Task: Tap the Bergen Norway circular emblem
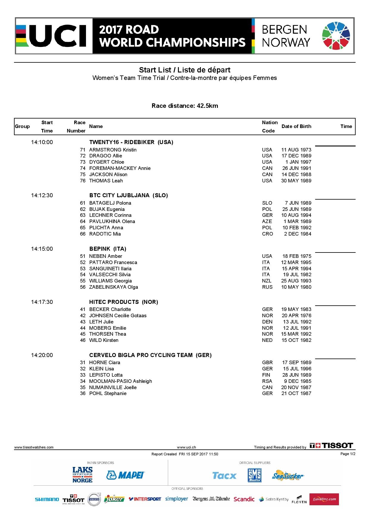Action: [x=336, y=36]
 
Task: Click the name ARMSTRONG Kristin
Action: [x=113, y=150]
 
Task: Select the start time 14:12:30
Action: [x=42, y=195]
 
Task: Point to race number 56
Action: [x=83, y=287]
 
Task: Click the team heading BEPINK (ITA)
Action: [x=108, y=249]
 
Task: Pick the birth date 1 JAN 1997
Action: [x=298, y=162]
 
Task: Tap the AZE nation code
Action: [x=267, y=221]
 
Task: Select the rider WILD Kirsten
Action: [x=104, y=340]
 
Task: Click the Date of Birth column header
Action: [x=296, y=126]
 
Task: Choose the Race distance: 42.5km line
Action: [x=185, y=106]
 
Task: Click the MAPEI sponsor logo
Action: [x=125, y=475]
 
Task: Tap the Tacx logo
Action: [x=224, y=476]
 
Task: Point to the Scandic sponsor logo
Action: [x=244, y=499]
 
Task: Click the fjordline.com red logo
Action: [x=324, y=499]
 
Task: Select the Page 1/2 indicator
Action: [x=348, y=454]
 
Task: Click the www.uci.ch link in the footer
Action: [x=186, y=447]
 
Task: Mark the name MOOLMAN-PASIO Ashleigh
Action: [x=121, y=381]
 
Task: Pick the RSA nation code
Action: [x=267, y=381]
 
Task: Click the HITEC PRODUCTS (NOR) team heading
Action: [x=123, y=302]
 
